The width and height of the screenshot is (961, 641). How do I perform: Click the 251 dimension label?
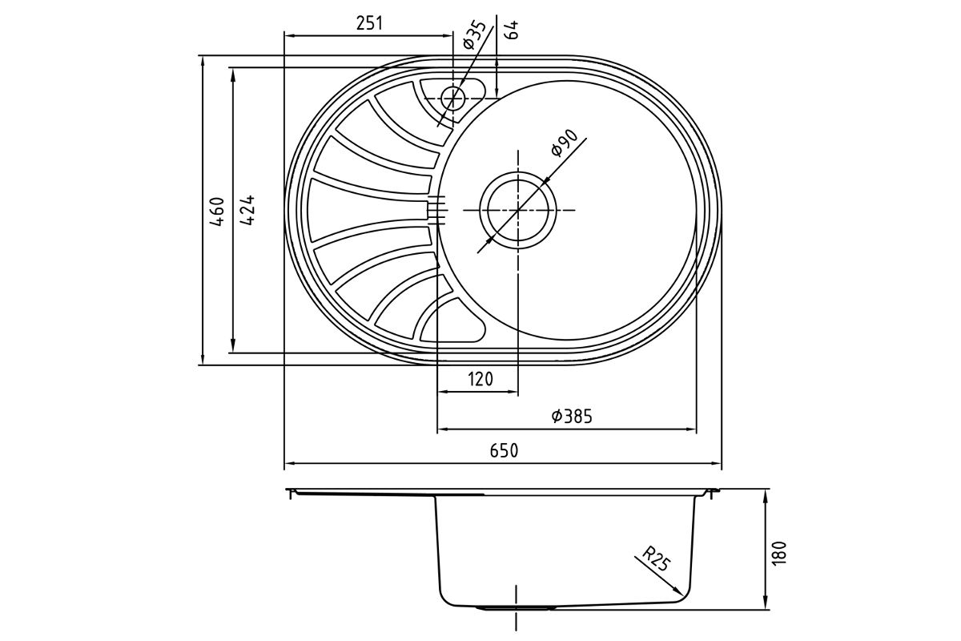click(369, 23)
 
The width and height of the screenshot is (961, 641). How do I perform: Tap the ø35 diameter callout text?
click(475, 35)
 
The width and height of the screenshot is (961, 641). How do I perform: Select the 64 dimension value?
click(512, 30)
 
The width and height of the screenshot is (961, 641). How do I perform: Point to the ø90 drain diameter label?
click(564, 143)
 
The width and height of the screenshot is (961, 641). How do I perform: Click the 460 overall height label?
click(217, 212)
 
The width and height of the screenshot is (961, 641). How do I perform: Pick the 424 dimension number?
click(247, 210)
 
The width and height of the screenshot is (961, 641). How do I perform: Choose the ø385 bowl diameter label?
click(573, 416)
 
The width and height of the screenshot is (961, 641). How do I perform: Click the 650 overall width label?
click(504, 451)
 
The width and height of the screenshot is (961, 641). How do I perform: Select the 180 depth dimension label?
click(779, 553)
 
